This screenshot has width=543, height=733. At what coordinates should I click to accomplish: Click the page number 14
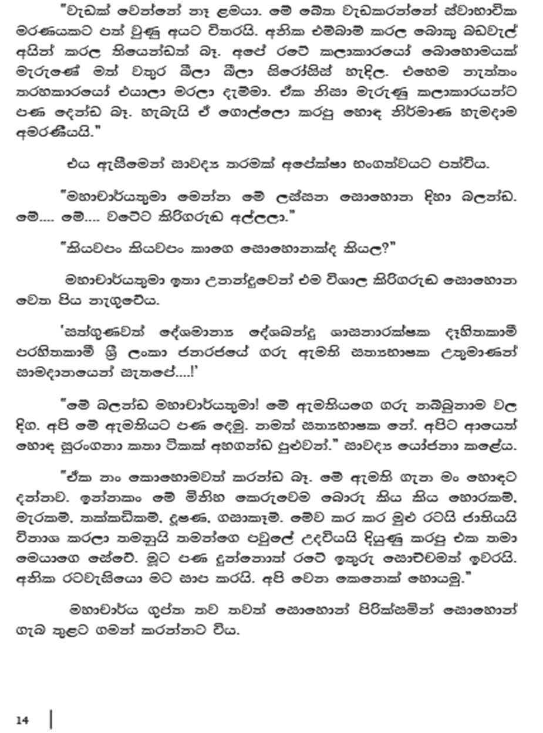tap(23, 720)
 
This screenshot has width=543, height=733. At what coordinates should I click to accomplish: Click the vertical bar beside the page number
tap(50, 719)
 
